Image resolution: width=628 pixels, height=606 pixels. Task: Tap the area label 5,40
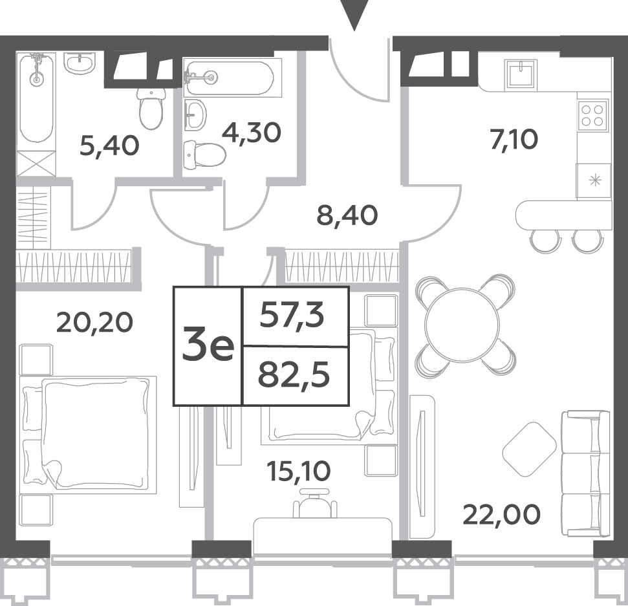[x=109, y=146]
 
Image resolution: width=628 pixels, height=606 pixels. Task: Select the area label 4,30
[x=252, y=133]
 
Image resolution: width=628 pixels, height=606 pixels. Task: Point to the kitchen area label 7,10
[x=514, y=140]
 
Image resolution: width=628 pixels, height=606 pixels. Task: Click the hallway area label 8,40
[x=347, y=215]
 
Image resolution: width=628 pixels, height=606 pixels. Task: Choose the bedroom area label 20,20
[x=94, y=323]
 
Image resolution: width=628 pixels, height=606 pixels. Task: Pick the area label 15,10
[x=298, y=471]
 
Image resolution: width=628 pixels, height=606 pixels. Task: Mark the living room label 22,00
[x=501, y=515]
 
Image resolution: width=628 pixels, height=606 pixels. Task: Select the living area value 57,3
[x=292, y=316]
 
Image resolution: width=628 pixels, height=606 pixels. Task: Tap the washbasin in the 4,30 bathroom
[x=196, y=114]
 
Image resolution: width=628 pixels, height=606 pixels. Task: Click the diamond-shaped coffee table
[x=530, y=449]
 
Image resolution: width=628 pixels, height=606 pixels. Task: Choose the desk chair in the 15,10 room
[x=314, y=504]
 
